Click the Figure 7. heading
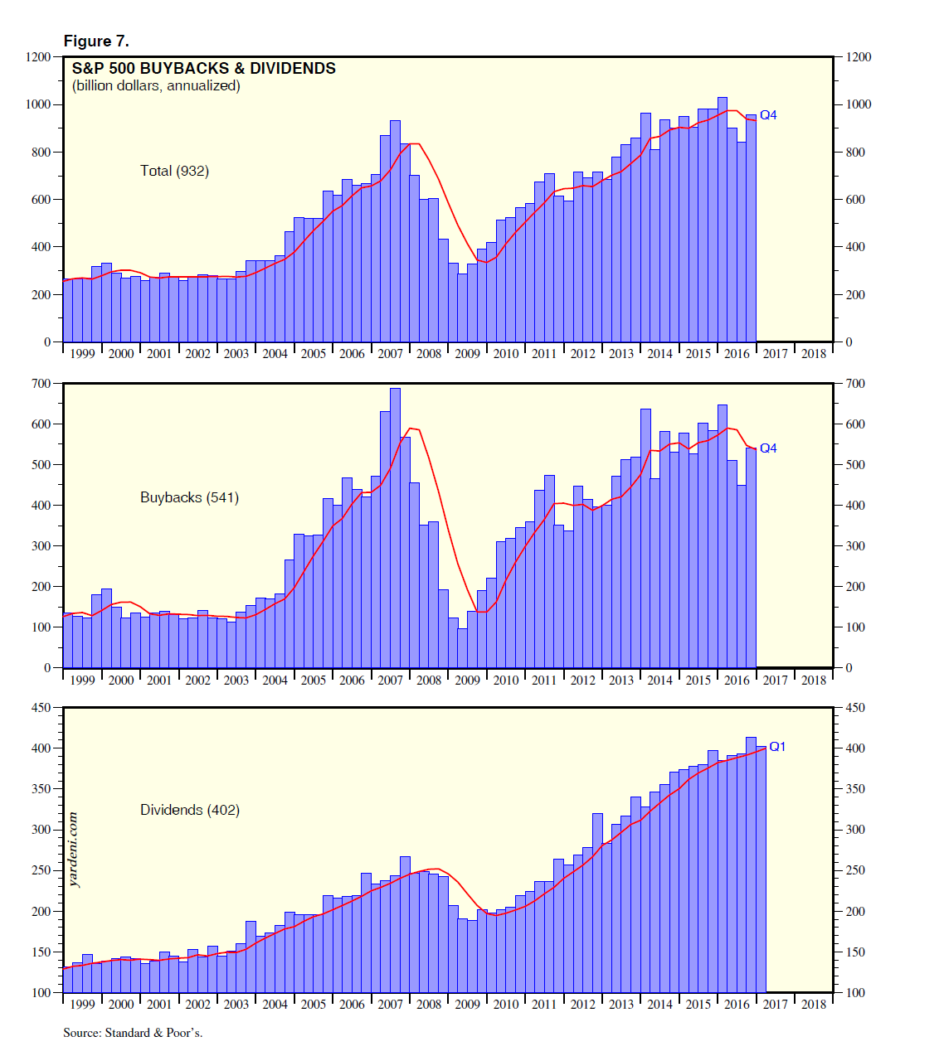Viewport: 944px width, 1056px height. [96, 41]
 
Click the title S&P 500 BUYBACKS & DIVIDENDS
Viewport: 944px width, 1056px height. [204, 69]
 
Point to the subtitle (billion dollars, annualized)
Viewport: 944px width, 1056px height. [156, 86]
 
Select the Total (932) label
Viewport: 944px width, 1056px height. [174, 171]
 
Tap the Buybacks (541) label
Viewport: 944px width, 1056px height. [189, 497]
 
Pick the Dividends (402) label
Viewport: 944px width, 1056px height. [189, 810]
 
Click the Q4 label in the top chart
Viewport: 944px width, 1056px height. [768, 115]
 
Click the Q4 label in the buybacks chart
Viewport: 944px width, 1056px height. [768, 448]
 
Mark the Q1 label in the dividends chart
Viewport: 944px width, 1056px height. [777, 747]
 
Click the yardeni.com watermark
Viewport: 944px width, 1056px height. [74, 850]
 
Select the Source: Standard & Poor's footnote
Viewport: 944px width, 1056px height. [133, 1033]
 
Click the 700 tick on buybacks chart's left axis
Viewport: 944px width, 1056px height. [41, 384]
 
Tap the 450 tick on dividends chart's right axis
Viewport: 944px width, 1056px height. [854, 708]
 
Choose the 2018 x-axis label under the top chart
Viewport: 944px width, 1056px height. [814, 354]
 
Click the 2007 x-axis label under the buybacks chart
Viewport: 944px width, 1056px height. [390, 681]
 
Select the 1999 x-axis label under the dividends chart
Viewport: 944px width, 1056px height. [82, 1005]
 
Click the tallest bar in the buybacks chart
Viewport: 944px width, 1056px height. [395, 527]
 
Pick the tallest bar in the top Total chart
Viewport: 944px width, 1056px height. [722, 220]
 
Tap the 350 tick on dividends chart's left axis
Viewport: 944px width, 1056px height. [41, 789]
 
